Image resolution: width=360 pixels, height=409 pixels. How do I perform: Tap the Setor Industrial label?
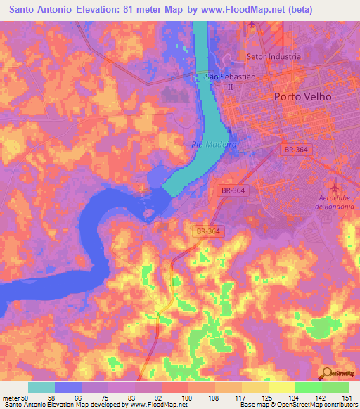click(274, 56)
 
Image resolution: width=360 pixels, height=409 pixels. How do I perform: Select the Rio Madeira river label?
click(214, 144)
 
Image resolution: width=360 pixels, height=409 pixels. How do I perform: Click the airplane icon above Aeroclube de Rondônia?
click(335, 188)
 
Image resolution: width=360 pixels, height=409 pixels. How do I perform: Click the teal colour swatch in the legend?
click(41, 387)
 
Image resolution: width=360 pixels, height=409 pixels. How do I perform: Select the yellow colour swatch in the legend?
click(282, 387)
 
